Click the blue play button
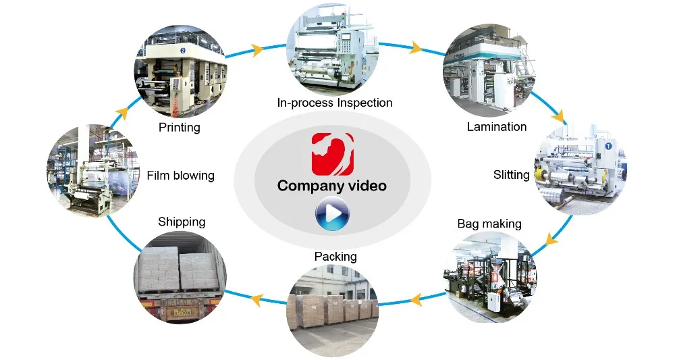(332, 213)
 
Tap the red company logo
(332, 154)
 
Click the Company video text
(332, 186)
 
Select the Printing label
(180, 128)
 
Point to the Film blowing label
(180, 175)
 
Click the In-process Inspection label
(335, 103)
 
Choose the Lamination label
(497, 126)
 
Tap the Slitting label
(512, 175)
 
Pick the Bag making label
(489, 224)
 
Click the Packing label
(335, 257)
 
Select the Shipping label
(182, 222)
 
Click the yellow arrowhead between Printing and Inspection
(257, 50)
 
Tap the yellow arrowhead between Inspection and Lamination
(415, 47)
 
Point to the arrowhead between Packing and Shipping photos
(257, 299)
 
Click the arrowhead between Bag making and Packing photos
(415, 299)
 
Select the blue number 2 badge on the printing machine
(183, 51)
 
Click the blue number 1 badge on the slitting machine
(608, 146)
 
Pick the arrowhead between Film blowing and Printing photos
(122, 113)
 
